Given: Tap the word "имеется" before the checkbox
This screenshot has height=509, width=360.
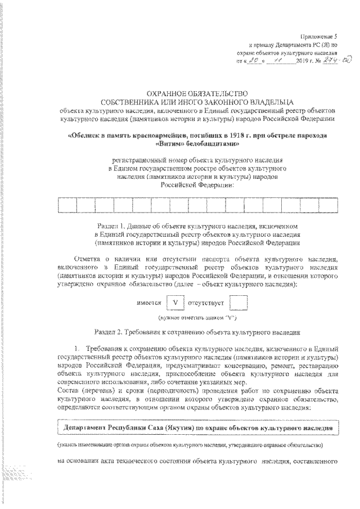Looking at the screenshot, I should click(x=148, y=304).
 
